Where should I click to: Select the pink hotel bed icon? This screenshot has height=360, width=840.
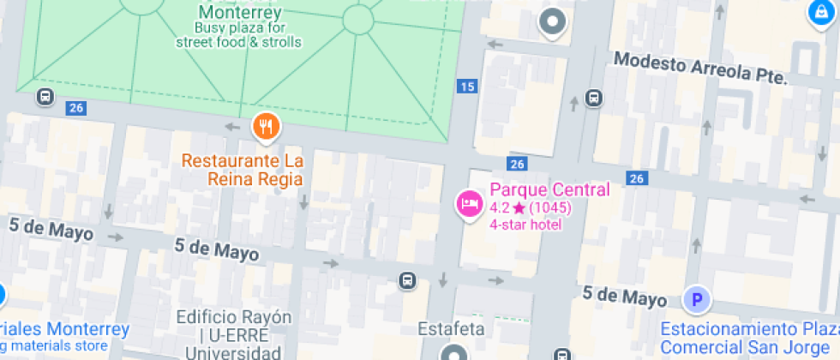[x=469, y=203]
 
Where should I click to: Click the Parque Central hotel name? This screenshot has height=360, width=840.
[x=549, y=189]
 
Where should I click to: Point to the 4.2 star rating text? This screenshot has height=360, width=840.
[x=531, y=207]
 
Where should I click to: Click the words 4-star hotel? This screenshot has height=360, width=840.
[x=525, y=225]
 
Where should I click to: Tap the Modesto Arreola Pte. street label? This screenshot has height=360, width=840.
[x=701, y=69]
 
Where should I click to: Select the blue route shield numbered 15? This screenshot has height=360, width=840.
[x=467, y=86]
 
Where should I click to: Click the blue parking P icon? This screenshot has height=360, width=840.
[x=697, y=300]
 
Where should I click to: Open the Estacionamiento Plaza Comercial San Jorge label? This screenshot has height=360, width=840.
[x=748, y=338]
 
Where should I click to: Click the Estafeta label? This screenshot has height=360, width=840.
[x=452, y=328]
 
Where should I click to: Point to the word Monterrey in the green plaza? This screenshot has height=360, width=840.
[x=240, y=13]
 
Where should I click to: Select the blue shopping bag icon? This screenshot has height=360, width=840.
[x=820, y=12]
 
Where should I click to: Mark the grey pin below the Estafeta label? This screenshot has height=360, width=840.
[x=453, y=352]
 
